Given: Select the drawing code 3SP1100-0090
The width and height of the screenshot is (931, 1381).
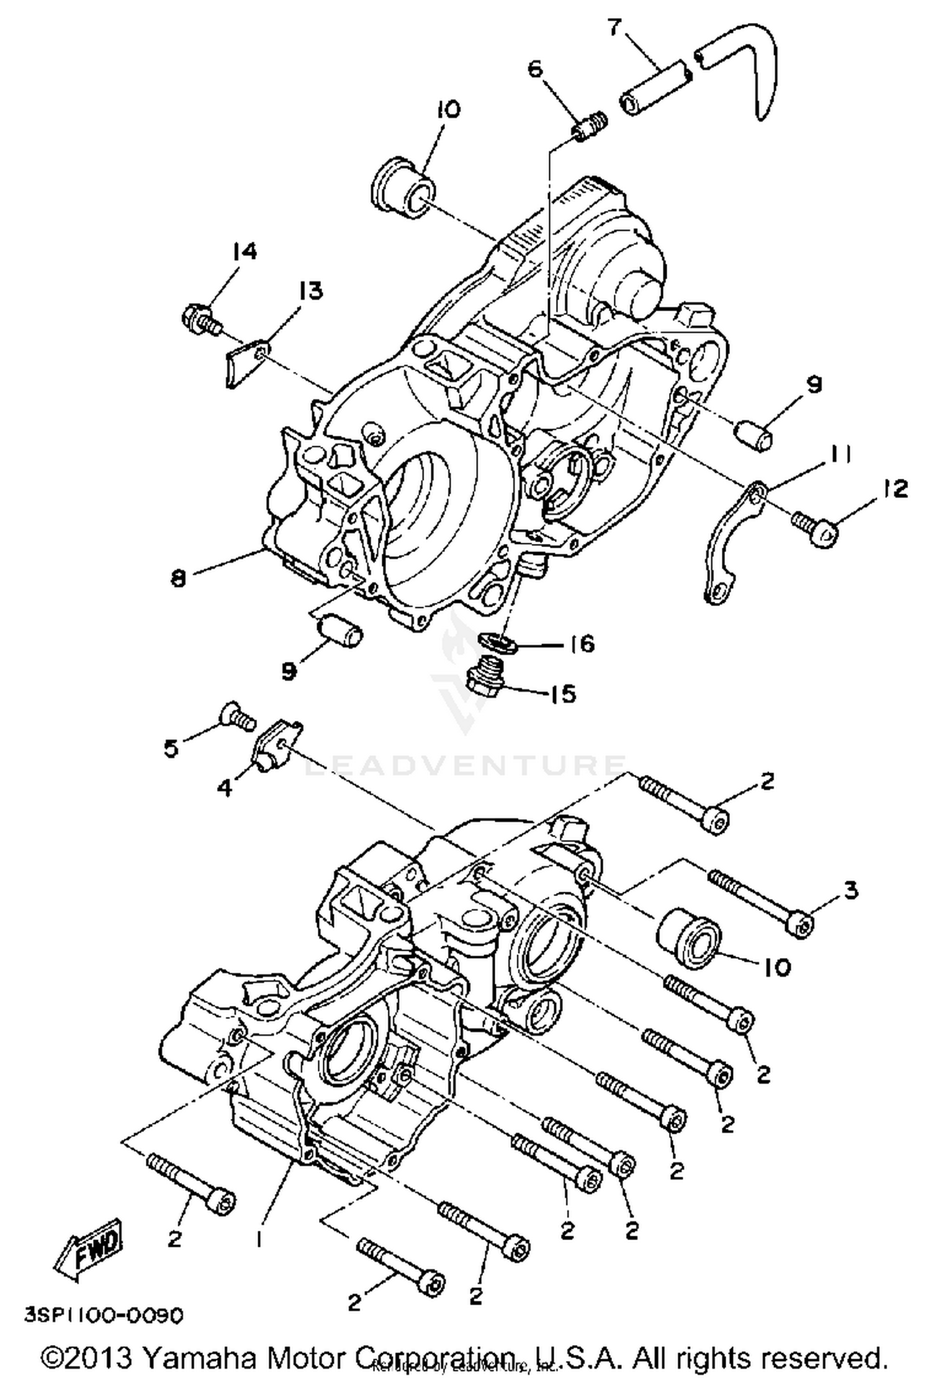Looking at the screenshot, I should [x=104, y=1315].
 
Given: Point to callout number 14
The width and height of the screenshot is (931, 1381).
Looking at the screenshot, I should [x=245, y=251].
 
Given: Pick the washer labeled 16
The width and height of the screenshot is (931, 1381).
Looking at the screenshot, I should [x=495, y=643].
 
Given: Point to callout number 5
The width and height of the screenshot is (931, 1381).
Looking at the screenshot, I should [x=171, y=749].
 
